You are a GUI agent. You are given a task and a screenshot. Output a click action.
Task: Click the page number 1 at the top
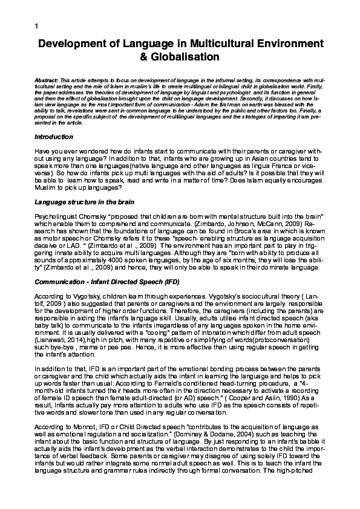tap(37, 25)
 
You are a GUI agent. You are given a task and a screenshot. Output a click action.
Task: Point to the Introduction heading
tap(54, 137)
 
